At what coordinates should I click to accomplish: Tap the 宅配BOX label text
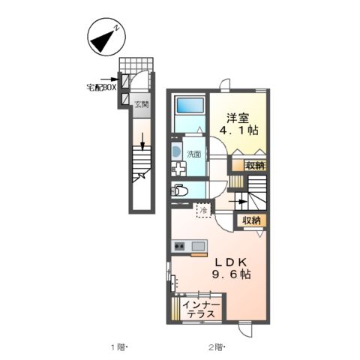101,88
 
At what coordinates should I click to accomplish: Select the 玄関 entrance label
142,104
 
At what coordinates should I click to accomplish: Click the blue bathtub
190,105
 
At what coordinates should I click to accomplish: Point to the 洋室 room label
238,118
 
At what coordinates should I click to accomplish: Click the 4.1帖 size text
238,130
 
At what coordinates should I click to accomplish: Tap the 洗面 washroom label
194,154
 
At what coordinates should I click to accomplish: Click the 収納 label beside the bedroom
255,166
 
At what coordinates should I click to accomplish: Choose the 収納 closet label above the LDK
251,220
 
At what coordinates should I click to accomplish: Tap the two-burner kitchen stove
179,247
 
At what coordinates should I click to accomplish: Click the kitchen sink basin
199,247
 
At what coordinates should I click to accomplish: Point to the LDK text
232,262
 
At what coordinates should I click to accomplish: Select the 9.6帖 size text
232,274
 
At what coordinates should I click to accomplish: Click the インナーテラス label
201,309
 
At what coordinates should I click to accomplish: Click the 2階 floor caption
217,347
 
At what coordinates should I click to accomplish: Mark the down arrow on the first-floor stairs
142,142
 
